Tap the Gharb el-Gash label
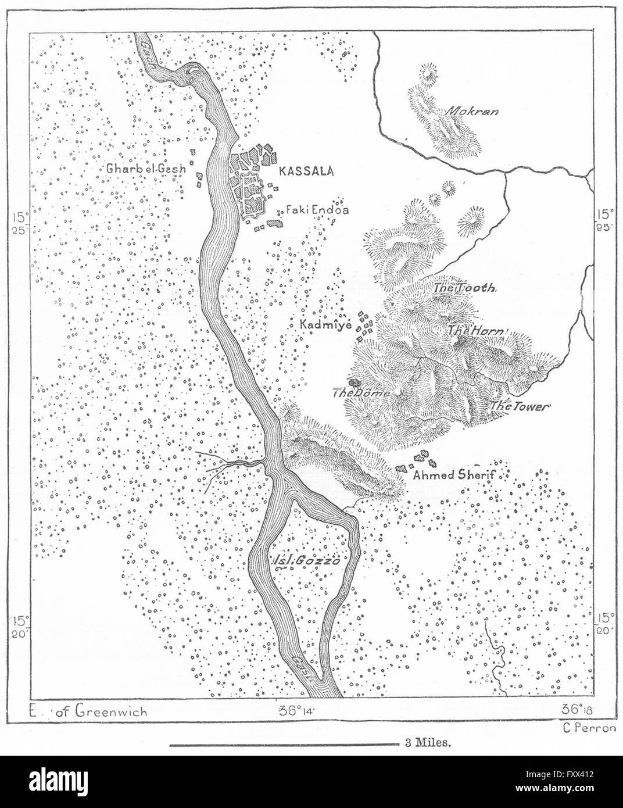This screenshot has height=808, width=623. tap(145, 169)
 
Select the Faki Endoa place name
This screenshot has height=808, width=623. tap(317, 210)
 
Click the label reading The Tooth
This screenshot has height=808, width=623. tap(464, 288)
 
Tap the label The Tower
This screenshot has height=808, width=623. tap(519, 407)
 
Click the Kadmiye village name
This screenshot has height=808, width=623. tap(326, 326)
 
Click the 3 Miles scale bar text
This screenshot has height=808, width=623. tap(424, 742)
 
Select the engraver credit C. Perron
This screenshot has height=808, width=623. tap(589, 728)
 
